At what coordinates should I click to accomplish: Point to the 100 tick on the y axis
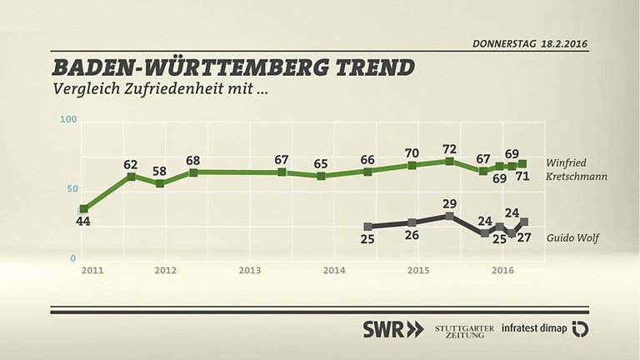click(68, 121)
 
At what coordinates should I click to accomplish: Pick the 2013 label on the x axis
click(250, 271)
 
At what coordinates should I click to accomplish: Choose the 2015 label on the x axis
click(417, 271)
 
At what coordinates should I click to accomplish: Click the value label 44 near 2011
click(83, 222)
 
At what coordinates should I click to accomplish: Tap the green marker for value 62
click(131, 177)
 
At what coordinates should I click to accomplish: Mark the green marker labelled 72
click(450, 161)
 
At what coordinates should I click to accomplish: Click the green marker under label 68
click(193, 172)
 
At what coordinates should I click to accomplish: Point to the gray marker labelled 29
click(450, 216)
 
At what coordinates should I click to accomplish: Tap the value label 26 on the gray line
click(412, 236)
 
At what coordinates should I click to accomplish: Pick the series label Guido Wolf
click(574, 237)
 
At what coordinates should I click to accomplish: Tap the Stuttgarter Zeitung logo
click(465, 329)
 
